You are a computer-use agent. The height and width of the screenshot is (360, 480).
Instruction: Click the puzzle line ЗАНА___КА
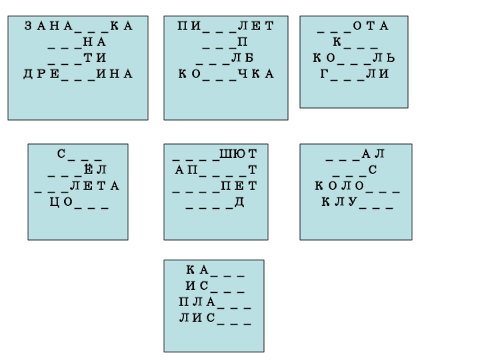(x=78, y=26)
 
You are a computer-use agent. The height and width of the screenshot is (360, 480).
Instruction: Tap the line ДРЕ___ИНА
(x=78, y=74)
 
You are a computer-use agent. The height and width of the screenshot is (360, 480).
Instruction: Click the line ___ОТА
(x=353, y=26)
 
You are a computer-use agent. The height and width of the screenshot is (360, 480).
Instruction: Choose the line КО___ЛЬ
(x=353, y=58)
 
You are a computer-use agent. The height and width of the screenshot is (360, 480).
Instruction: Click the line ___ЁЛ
(x=78, y=170)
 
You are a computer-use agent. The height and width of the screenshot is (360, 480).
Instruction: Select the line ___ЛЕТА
(x=78, y=187)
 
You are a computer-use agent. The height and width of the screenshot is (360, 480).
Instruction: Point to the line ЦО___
(x=78, y=203)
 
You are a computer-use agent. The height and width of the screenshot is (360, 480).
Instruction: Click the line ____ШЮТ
(x=215, y=155)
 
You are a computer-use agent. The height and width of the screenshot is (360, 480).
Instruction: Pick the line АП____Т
(x=215, y=170)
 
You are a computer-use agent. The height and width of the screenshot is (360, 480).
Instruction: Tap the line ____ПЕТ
(x=215, y=187)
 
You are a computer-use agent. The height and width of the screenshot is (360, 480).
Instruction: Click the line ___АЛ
(x=355, y=155)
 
